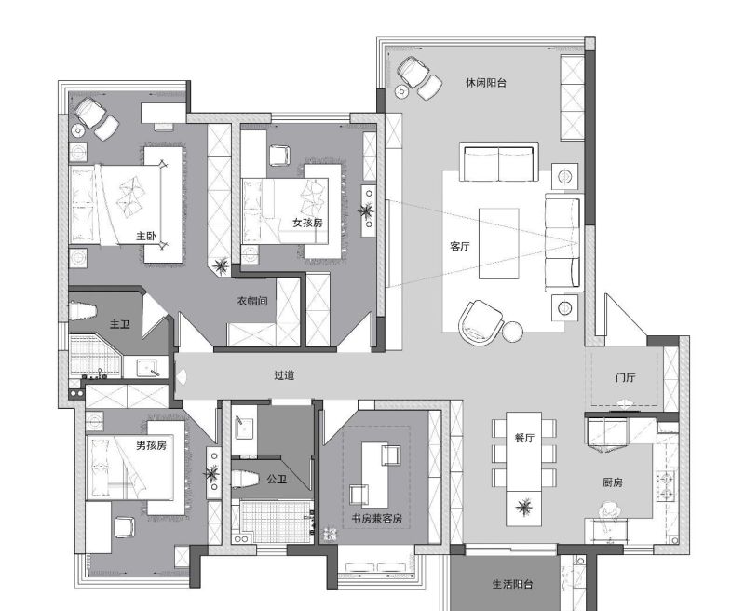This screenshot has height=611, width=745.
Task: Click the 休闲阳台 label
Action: point(485,83)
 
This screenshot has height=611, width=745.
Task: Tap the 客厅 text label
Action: point(459,247)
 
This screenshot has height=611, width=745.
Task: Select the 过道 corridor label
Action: point(284,375)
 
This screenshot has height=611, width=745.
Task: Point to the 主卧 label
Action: point(146,236)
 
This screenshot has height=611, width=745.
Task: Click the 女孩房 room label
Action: point(307,223)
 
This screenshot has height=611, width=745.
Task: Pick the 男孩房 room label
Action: point(151,445)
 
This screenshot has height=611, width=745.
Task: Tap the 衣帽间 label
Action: point(252,301)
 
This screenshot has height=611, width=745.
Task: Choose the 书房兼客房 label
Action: point(377,518)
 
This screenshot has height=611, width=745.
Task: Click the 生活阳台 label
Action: point(512,584)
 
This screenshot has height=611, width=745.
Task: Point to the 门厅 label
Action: point(625,378)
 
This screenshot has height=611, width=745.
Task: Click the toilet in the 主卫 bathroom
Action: point(82,312)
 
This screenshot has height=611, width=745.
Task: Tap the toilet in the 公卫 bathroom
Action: point(245,479)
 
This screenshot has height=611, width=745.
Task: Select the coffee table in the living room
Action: point(499,243)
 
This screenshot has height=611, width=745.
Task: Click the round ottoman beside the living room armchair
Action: point(513,332)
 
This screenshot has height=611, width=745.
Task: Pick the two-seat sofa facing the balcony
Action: point(499,162)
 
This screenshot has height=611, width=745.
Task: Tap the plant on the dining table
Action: point(524,508)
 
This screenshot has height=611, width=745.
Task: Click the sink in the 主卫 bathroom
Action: point(147,368)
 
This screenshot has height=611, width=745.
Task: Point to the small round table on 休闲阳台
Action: point(401,91)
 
